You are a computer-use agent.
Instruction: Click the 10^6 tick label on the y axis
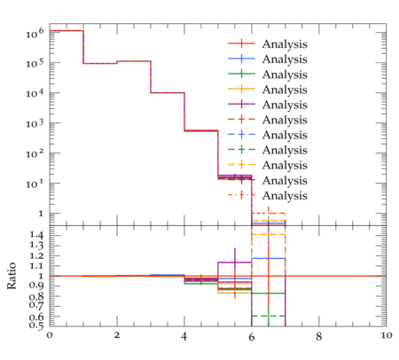click(35, 33)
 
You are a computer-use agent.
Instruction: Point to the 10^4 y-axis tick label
click(35, 93)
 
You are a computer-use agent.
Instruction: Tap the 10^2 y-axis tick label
click(35, 153)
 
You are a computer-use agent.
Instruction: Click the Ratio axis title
click(12, 276)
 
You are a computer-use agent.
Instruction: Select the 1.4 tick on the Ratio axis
click(36, 236)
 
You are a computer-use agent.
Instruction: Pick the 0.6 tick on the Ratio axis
click(36, 317)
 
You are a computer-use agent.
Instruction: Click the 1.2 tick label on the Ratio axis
click(36, 255)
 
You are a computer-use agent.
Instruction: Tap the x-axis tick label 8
click(318, 336)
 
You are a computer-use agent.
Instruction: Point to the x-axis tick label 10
click(386, 336)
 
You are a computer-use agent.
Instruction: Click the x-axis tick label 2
click(117, 336)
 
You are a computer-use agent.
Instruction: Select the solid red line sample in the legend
click(241, 43)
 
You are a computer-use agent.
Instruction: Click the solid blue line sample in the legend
click(241, 59)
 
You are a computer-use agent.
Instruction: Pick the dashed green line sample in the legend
click(241, 150)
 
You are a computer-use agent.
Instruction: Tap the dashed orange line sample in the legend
click(241, 165)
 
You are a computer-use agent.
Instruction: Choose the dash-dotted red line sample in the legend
click(241, 195)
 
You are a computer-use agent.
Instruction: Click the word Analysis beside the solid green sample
click(285, 74)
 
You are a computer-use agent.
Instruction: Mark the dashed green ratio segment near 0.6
click(269, 316)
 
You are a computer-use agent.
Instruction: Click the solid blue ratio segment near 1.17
click(269, 258)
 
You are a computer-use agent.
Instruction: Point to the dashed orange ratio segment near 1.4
click(269, 234)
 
